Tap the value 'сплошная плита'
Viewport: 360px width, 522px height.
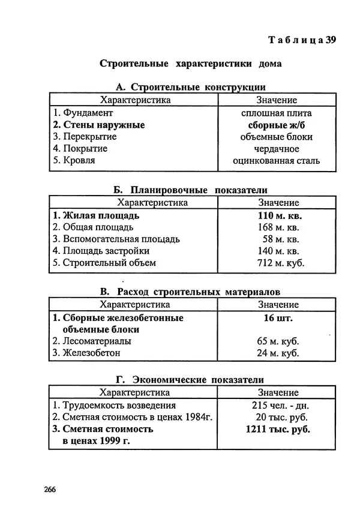[x=276, y=113]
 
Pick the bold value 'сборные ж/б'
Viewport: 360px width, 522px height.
[x=276, y=125]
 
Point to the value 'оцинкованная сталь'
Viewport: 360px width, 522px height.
[x=276, y=160]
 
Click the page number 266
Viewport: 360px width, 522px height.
[x=50, y=490]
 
